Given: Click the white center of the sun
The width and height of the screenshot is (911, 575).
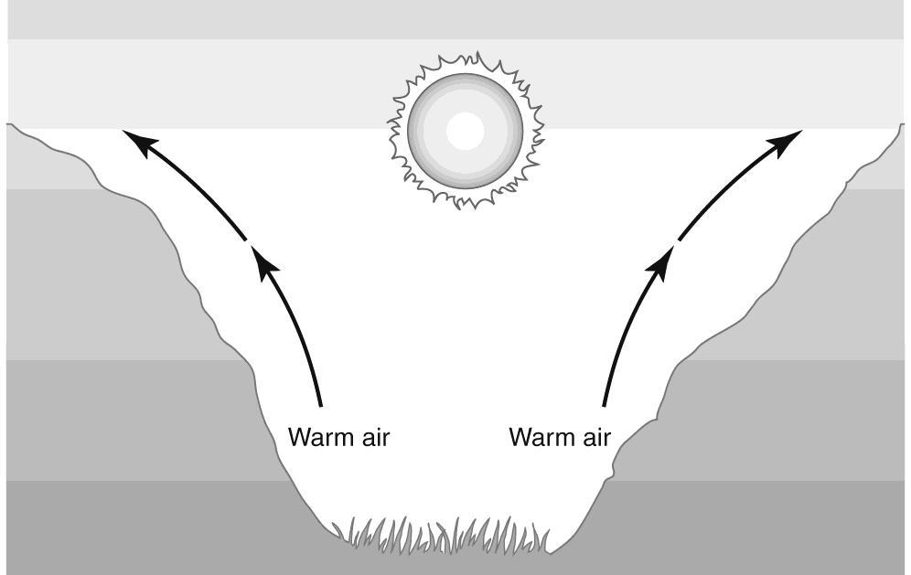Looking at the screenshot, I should [x=465, y=131].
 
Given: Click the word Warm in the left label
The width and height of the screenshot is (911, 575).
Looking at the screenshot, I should [x=317, y=438].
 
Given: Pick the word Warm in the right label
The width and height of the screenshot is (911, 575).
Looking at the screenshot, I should [x=538, y=438].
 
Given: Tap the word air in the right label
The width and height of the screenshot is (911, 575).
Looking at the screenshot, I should [x=592, y=438].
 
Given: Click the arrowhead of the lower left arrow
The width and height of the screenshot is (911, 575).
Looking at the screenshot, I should [x=264, y=264].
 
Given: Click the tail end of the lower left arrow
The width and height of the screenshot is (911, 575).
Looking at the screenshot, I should [x=321, y=403].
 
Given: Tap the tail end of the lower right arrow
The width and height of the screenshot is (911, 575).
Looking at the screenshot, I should [x=604, y=403].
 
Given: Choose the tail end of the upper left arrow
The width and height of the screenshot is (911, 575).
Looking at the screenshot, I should [x=245, y=240].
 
